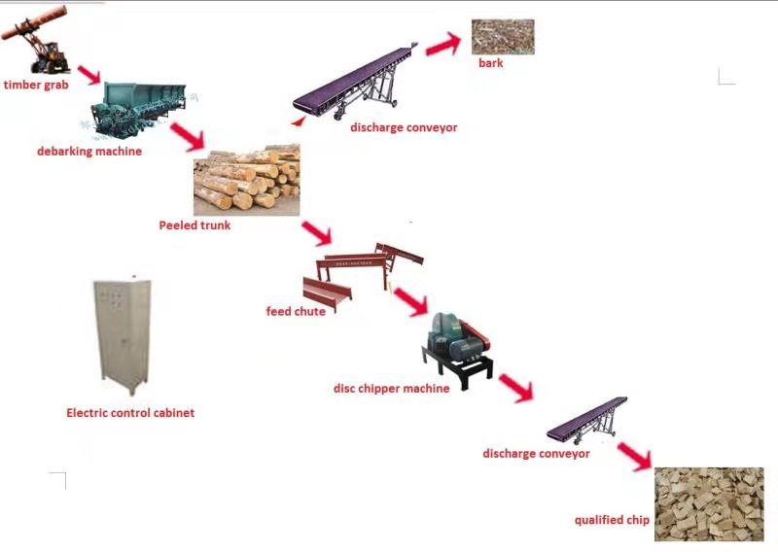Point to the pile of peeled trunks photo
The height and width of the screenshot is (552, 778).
coord(247,180)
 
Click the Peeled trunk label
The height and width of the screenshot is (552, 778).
coord(194,225)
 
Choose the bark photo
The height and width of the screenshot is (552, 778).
coord(503,36)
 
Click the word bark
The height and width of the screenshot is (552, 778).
coord(491,63)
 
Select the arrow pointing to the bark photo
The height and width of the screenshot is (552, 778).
coord(442,44)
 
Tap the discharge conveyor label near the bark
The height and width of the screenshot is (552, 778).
coord(404,127)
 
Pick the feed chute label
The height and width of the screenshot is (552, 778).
coord(296,311)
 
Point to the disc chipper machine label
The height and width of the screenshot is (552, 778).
coord(391,388)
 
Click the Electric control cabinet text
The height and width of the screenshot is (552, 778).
coord(130,413)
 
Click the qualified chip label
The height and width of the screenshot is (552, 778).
coord(611,520)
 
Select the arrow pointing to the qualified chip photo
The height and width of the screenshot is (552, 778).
coord(634,455)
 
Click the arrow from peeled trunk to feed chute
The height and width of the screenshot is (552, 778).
coord(317,233)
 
